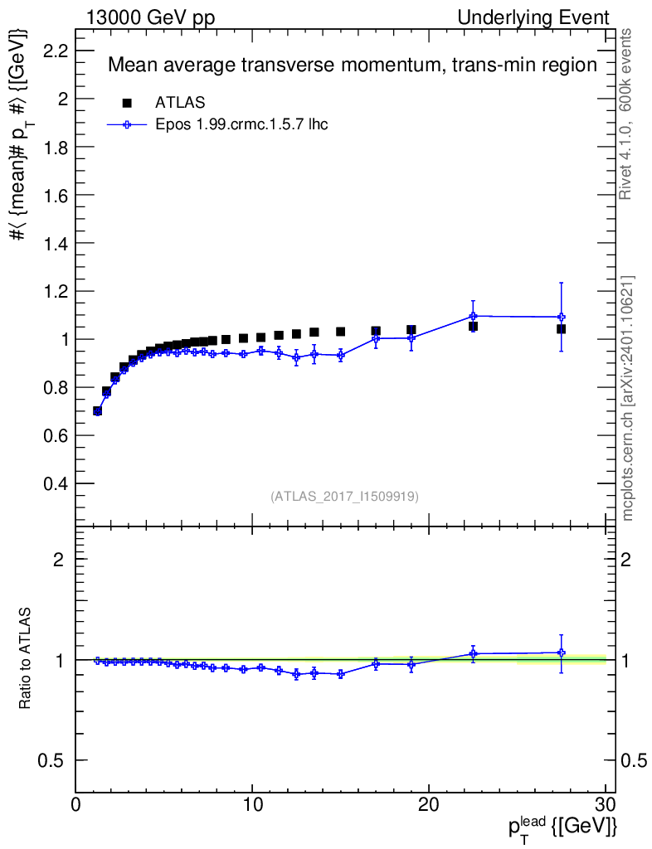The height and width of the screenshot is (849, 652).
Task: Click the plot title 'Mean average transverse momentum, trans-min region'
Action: click(x=353, y=65)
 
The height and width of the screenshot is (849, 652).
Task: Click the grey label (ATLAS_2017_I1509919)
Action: click(x=344, y=497)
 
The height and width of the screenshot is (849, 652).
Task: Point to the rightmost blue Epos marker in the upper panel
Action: click(x=562, y=317)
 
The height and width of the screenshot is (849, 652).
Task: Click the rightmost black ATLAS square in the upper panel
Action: click(x=562, y=329)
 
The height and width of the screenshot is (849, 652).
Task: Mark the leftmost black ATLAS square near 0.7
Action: click(x=98, y=410)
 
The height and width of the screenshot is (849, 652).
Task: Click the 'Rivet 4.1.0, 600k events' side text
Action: click(x=627, y=114)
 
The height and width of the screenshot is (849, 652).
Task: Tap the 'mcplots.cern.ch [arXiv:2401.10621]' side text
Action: click(x=627, y=398)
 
